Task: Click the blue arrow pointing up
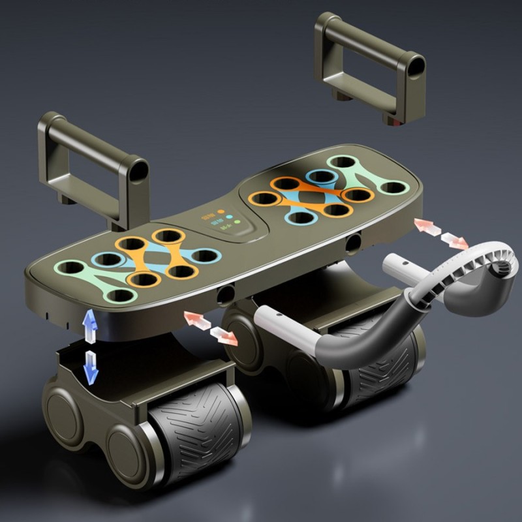pos(91,324)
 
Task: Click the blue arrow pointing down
pos(91,368)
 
